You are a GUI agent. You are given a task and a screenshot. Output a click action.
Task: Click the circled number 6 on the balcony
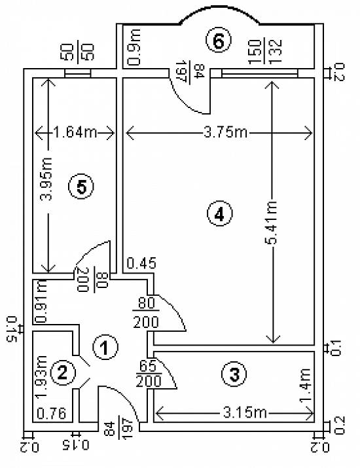click(x=219, y=40)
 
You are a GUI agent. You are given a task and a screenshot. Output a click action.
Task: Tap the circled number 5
click(x=81, y=187)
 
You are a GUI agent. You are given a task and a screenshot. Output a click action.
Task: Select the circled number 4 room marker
click(x=220, y=213)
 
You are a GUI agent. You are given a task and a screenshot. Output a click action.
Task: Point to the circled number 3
click(x=234, y=374)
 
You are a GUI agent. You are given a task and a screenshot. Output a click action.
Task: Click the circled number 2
click(x=63, y=372)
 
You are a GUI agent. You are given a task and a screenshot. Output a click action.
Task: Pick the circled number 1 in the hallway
click(x=105, y=347)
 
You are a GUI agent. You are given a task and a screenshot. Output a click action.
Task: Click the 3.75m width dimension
click(x=226, y=132)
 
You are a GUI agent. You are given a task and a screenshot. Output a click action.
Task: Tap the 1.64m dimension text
click(x=75, y=132)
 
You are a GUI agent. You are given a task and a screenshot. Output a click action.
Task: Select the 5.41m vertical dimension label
click(x=272, y=223)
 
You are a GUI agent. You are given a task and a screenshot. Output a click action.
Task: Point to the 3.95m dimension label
click(x=46, y=179)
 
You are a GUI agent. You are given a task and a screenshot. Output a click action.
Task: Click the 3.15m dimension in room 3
click(x=245, y=413)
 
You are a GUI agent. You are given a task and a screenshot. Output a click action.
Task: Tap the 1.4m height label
click(x=305, y=386)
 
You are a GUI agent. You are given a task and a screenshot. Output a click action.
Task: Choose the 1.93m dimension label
click(x=41, y=376)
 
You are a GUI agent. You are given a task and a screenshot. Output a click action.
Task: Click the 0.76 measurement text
click(x=51, y=414)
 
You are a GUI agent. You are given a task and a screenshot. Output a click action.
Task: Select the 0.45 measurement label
click(x=141, y=263)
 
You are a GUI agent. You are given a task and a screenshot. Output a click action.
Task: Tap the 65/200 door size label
click(x=149, y=374)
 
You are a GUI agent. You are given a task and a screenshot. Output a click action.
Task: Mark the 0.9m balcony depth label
click(x=134, y=47)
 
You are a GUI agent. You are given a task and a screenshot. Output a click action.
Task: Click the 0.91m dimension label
click(x=41, y=301)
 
